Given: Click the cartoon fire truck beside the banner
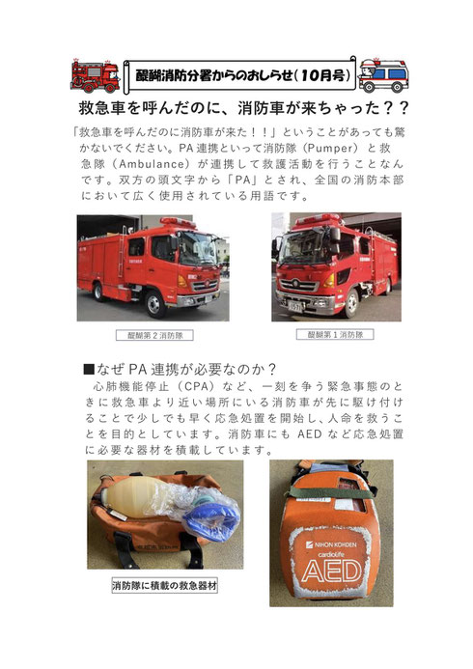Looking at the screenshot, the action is [96, 75].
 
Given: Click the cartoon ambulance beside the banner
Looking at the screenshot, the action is [383, 75].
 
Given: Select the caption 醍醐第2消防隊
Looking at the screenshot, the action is [154, 335].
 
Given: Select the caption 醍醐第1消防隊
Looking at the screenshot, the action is [335, 334].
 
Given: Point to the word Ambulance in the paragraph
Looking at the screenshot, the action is [153, 164].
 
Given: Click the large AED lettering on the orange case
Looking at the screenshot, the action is [331, 571].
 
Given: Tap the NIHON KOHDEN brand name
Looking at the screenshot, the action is [331, 544].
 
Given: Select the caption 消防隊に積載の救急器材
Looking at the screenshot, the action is [165, 585].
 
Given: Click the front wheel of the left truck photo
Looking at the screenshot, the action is [154, 303].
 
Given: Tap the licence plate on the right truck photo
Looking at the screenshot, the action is [294, 306].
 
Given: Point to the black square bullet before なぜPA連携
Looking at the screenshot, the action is [88, 369].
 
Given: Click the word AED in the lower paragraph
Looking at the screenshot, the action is [310, 433].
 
